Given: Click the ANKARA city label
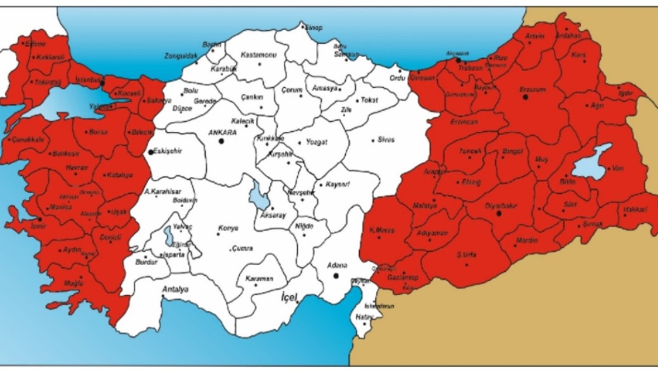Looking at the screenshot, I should click(222, 132).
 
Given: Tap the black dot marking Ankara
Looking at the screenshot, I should click(222, 141).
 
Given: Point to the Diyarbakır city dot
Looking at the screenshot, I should click(498, 213).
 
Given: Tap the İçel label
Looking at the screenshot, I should click(289, 297).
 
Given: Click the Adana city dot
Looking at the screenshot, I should click(336, 276).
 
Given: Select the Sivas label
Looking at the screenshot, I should click(386, 140).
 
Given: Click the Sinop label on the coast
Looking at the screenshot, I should click(314, 28).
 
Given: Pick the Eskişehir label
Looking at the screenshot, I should click(166, 150).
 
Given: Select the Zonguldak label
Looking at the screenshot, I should click(180, 56).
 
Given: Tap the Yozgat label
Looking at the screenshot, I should click(316, 142).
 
